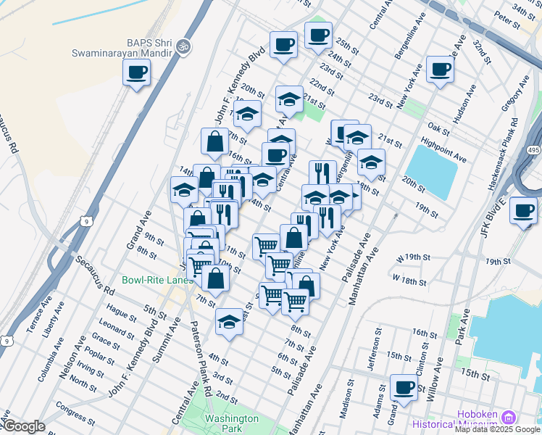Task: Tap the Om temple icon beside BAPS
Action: pyautogui.click(x=183, y=46)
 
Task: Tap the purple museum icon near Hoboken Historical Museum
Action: pyautogui.click(x=508, y=417)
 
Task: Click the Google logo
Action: pyautogui.click(x=24, y=426)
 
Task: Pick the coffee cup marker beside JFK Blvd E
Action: pyautogui.click(x=522, y=210)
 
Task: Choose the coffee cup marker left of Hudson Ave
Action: pyautogui.click(x=440, y=70)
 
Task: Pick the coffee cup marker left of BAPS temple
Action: pyautogui.click(x=136, y=72)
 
